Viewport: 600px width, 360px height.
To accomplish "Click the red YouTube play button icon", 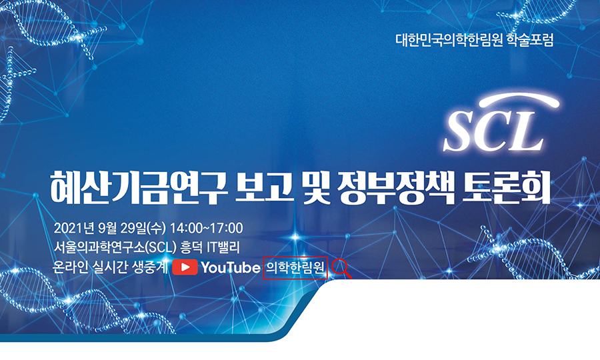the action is pos(185,267).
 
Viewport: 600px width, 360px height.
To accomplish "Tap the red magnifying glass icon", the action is pos(341,268).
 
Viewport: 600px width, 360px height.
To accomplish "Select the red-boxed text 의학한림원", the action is pos(295,267).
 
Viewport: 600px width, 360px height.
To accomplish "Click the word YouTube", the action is pos(231,267).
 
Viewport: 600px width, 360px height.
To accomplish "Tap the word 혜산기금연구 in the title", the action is pos(139,187).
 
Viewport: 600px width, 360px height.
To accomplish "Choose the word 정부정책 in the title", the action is pos(396,187).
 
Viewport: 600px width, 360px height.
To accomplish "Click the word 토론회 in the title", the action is pos(506,187).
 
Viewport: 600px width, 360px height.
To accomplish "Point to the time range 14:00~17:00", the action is pos(206,228).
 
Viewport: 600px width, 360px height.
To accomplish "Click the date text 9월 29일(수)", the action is pos(133,228).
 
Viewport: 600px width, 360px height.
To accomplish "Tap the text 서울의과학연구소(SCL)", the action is pos(115,247).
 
